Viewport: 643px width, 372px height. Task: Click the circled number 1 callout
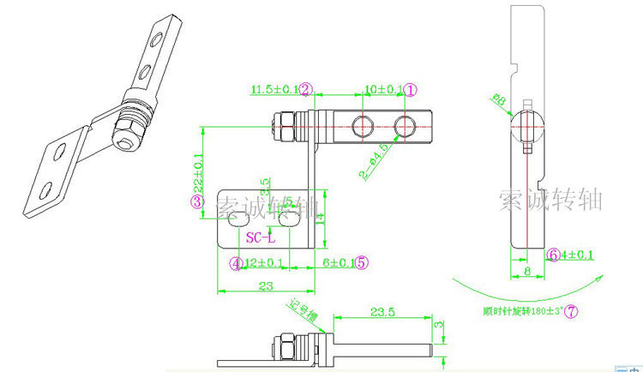coord(411,89)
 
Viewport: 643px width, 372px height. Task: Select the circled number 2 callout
coord(306,89)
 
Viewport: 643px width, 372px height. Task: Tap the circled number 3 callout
coord(196,201)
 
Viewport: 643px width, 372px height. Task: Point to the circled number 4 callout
coord(236,263)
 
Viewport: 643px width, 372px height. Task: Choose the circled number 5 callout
coord(362,263)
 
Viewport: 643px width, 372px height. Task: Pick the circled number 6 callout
coord(554,255)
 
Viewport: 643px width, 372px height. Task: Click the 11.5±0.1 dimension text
coord(273,89)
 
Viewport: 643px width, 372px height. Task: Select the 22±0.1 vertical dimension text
coord(198,171)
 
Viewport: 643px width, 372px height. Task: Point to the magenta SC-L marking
coord(261,237)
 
